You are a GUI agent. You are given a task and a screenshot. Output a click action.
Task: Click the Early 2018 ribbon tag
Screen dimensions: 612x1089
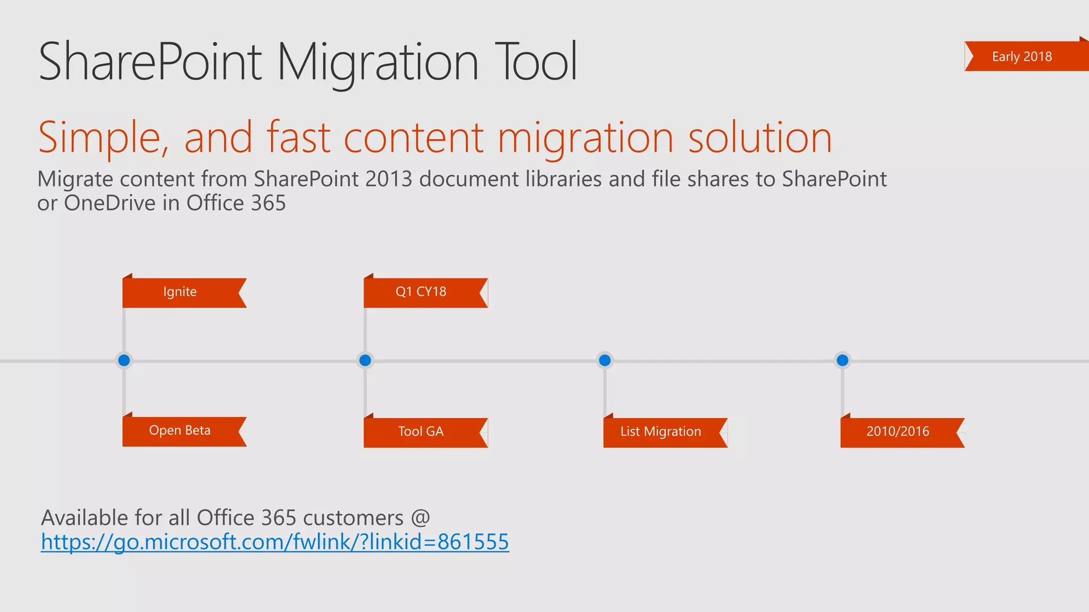(1022, 56)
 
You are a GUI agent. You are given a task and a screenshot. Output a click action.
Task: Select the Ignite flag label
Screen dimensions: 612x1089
(180, 292)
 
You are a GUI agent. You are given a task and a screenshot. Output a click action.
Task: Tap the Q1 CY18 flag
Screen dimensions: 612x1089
(421, 292)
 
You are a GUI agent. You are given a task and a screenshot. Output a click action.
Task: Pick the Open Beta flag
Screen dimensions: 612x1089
(180, 431)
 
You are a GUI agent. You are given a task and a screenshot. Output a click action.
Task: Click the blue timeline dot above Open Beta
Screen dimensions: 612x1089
(124, 361)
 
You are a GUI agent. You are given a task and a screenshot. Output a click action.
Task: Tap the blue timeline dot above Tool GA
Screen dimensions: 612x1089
(365, 361)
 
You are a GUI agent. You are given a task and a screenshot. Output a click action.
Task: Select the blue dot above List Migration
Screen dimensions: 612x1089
(605, 361)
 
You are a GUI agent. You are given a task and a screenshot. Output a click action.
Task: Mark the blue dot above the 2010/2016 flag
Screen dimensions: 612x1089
(842, 361)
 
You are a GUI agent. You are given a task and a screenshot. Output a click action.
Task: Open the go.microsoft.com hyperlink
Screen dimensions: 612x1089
(275, 542)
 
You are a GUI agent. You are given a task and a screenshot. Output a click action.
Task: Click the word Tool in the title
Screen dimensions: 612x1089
(535, 62)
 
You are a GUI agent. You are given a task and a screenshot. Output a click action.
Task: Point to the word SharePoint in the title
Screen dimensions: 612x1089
(150, 62)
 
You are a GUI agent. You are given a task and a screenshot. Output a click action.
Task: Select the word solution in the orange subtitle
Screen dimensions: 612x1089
(760, 138)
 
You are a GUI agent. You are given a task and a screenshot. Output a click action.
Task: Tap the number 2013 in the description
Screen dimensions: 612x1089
(389, 180)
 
